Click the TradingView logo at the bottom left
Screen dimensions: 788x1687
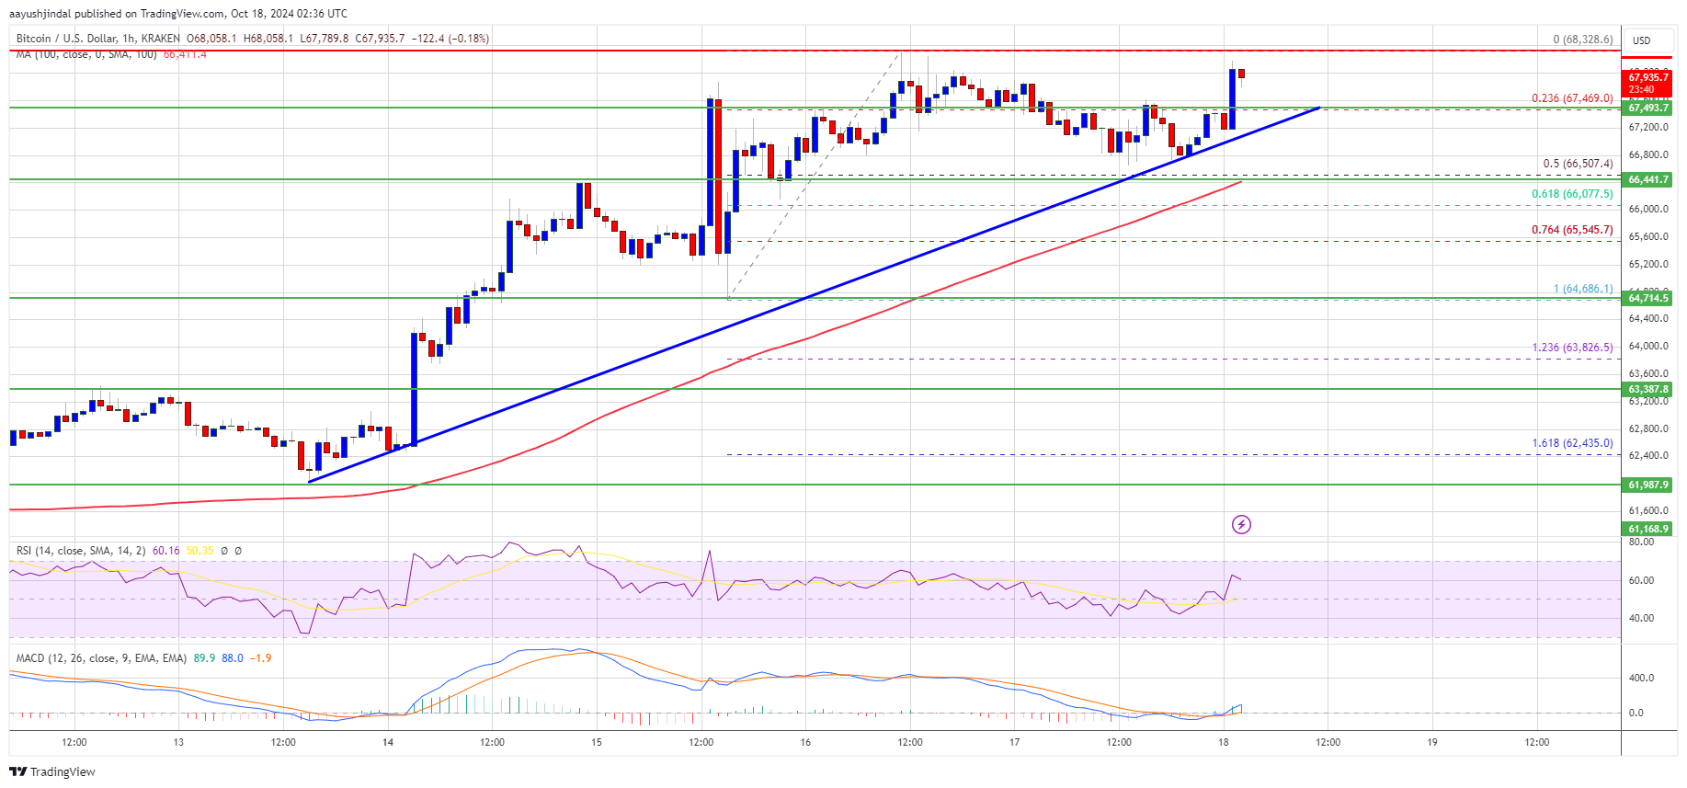coord(52,771)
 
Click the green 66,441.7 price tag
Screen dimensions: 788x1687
coord(1647,179)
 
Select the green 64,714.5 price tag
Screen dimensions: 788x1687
coord(1647,298)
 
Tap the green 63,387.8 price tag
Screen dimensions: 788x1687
coord(1647,389)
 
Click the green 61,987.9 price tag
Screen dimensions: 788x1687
coord(1647,485)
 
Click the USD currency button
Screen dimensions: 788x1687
coord(1642,40)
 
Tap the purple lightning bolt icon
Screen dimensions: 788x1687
coord(1241,525)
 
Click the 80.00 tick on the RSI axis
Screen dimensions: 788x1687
coord(1641,542)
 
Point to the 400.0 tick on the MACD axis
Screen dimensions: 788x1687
coord(1641,678)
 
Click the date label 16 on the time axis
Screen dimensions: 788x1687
coord(805,742)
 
